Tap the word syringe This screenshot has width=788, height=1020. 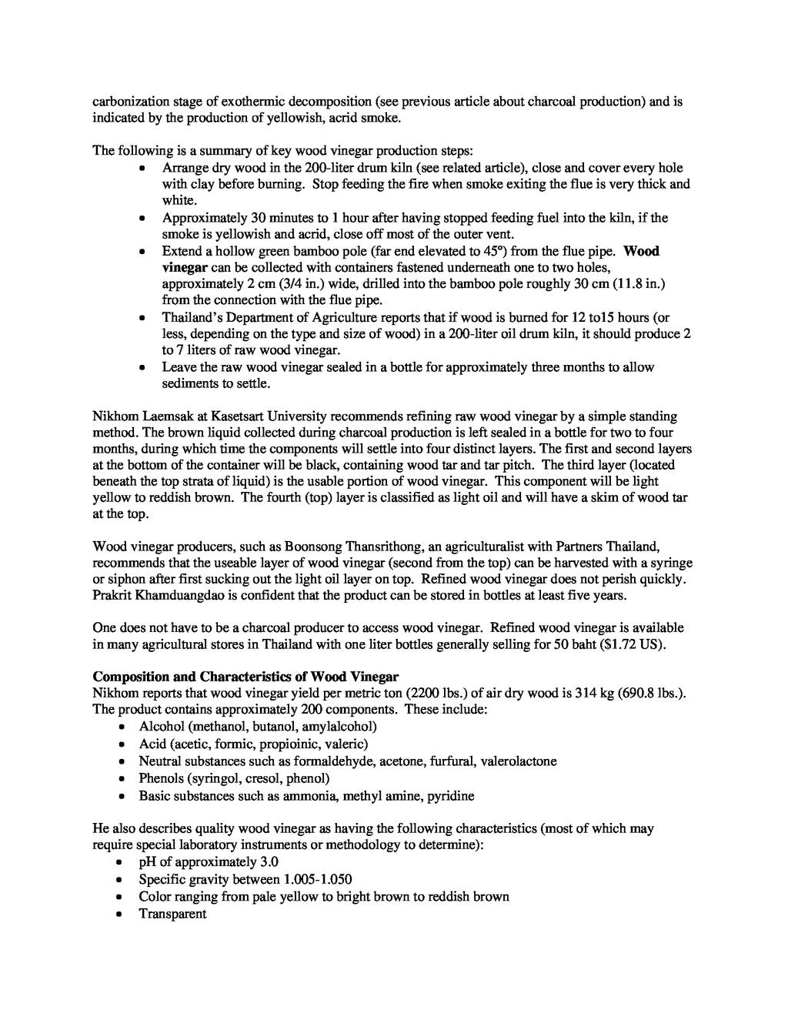(668, 563)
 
